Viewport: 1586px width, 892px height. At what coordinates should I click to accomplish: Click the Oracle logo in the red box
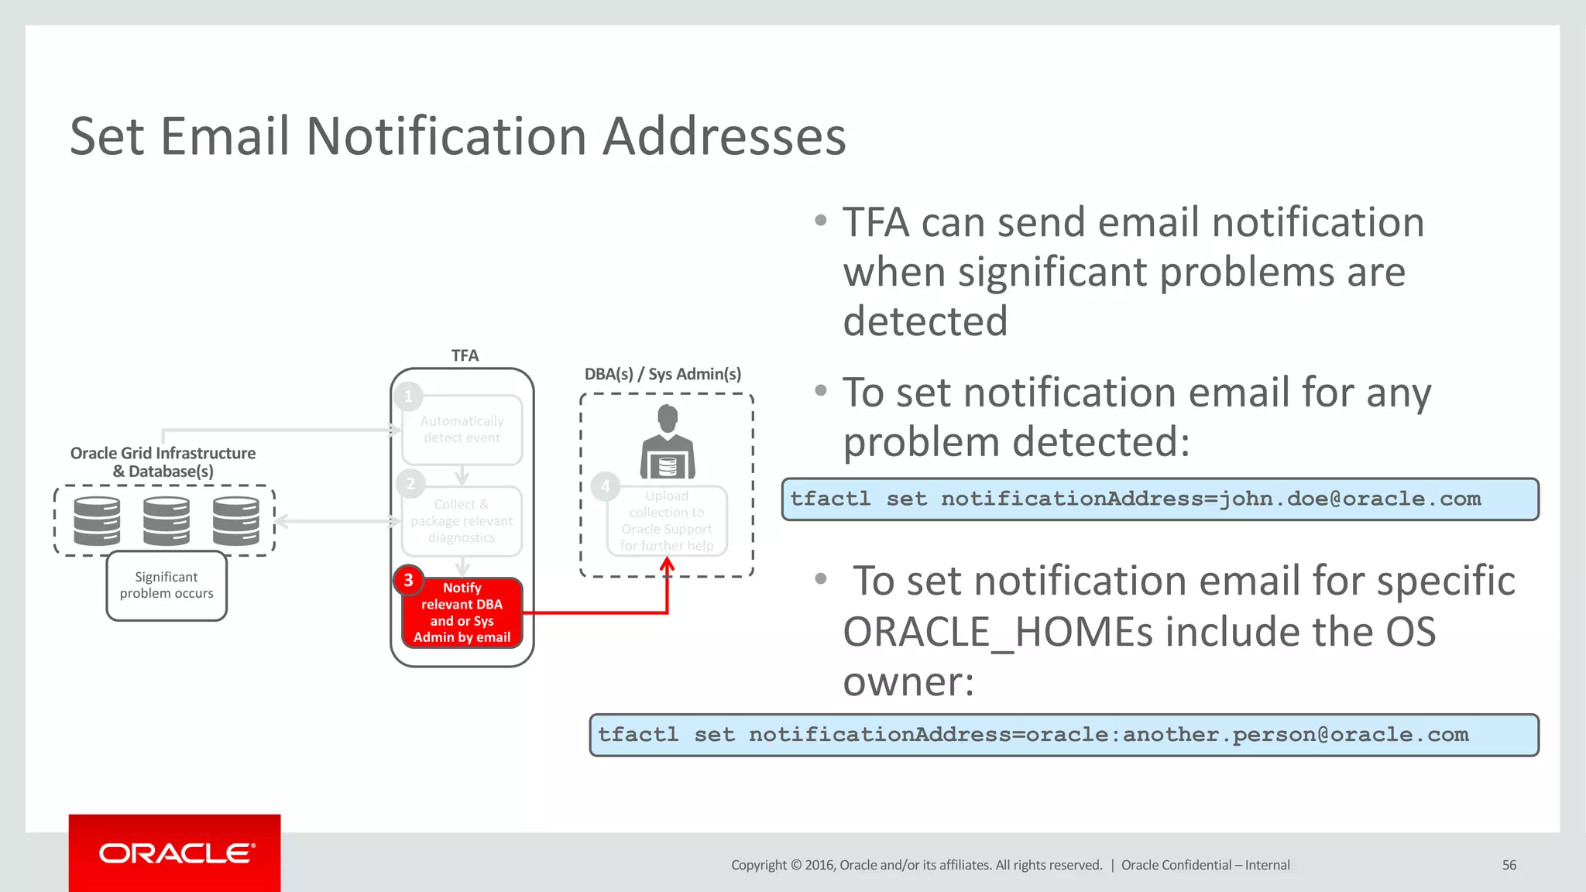[x=175, y=853]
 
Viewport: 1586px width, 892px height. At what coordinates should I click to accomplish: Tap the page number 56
[x=1509, y=865]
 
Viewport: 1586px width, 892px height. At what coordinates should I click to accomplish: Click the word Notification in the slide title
[x=447, y=136]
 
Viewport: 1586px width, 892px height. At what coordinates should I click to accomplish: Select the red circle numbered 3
[x=408, y=580]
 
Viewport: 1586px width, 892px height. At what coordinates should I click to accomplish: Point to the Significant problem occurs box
[x=166, y=586]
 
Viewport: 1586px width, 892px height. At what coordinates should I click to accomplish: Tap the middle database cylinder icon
[x=166, y=520]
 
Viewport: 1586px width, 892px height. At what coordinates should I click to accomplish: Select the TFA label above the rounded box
[x=465, y=355]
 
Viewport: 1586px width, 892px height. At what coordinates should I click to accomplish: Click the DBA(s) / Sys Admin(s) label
[x=662, y=374]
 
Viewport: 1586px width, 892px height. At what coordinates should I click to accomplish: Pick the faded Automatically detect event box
[x=462, y=430]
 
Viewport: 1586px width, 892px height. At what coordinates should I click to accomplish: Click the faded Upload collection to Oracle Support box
[x=667, y=521]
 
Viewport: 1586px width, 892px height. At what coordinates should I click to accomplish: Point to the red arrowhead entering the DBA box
[x=667, y=564]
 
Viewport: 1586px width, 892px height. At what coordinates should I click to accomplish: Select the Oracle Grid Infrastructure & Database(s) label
[x=163, y=462]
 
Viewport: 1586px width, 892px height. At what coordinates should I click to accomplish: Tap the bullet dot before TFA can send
[x=821, y=221]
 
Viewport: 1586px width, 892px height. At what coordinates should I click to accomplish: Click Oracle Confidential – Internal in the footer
[x=1205, y=865]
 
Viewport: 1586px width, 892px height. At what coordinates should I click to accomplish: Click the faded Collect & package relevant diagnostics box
[x=462, y=521]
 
